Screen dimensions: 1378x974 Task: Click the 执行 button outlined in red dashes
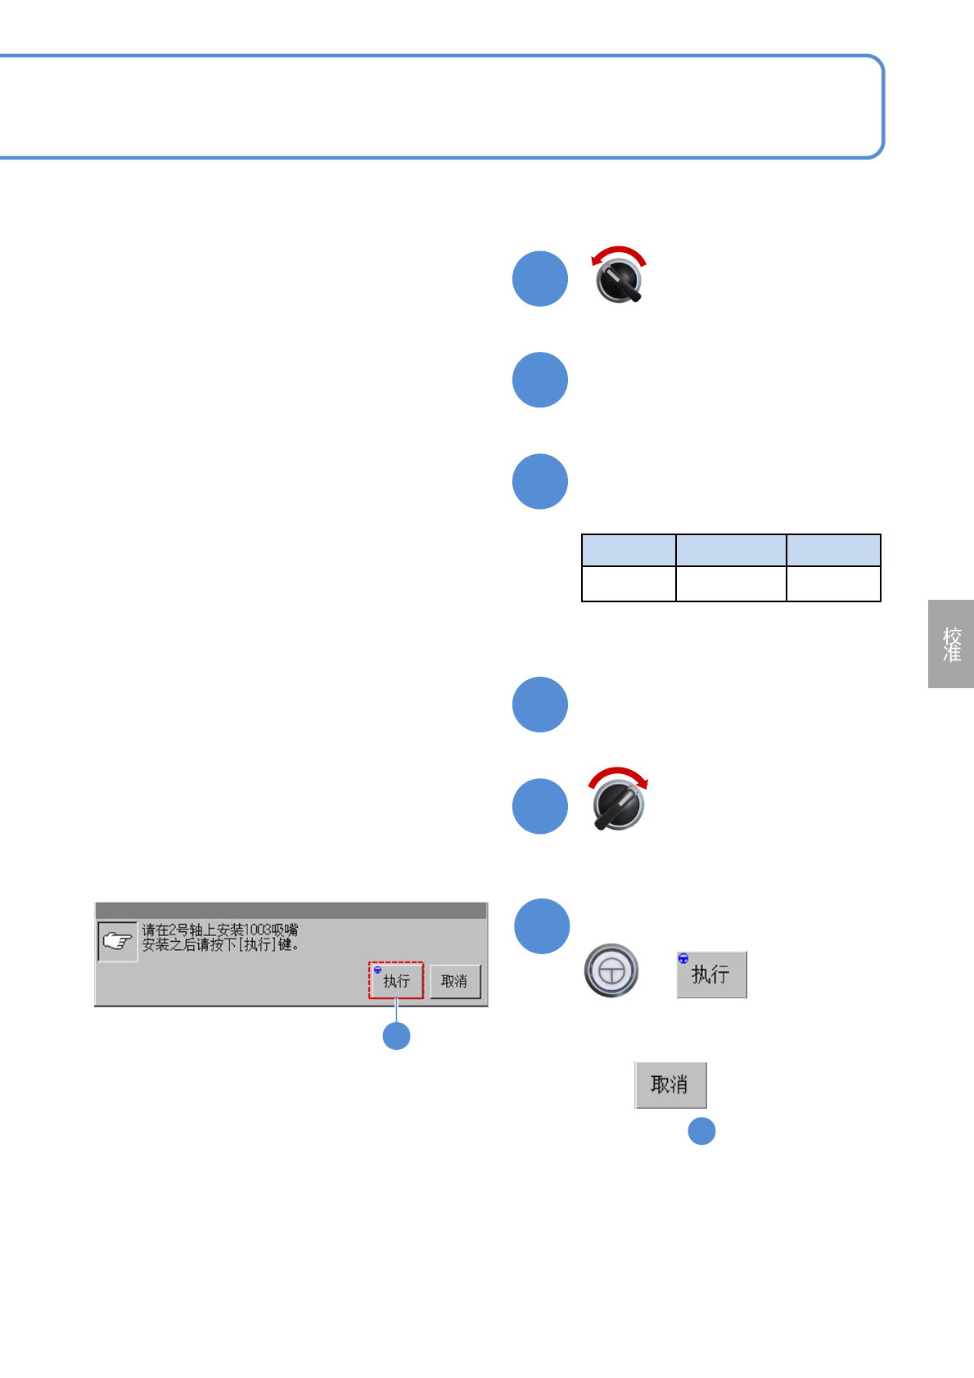pos(396,980)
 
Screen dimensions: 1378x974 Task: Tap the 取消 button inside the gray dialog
pos(454,981)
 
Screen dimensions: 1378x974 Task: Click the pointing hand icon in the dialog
pos(117,942)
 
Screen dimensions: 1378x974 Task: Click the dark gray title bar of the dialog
pos(291,911)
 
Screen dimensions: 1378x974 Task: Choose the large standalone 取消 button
pos(670,1085)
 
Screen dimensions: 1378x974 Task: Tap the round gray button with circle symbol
pos(611,970)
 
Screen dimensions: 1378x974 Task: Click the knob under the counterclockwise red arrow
pos(620,281)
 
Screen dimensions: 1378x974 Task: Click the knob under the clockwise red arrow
pos(619,806)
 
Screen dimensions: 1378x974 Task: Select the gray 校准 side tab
pos(951,644)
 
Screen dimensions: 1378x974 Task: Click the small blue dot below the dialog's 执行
pos(397,1036)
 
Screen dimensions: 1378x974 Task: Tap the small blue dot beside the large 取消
pos(701,1131)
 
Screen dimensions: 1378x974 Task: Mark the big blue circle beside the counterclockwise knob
pos(540,279)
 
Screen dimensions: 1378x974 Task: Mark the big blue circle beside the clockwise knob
pos(540,806)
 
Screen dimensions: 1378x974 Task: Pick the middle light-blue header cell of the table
pos(731,550)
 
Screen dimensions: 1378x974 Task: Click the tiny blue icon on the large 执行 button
pos(683,959)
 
